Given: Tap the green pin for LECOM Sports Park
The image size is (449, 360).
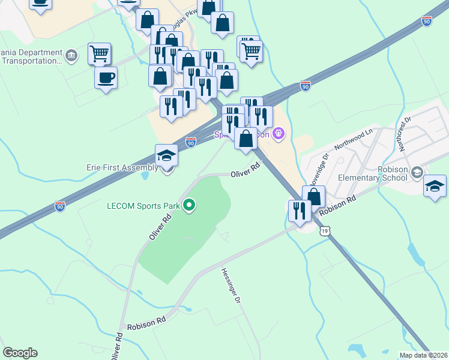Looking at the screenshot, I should coord(190,206).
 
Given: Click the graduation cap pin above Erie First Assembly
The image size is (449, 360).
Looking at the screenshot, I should coord(166,156).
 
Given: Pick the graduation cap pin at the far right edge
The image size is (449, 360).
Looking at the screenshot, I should coord(435,186).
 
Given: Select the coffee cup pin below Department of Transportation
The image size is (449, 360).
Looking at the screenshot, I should coord(106,78).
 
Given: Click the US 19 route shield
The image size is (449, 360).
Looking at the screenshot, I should coord(325,230).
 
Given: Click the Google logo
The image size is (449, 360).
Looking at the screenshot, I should coord(20,353).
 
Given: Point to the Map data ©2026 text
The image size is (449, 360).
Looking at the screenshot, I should coord(424,355).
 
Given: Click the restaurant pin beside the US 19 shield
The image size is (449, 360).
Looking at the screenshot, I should coord(299,211).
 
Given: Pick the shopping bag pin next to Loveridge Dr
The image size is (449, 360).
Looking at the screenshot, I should coord(313,196).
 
